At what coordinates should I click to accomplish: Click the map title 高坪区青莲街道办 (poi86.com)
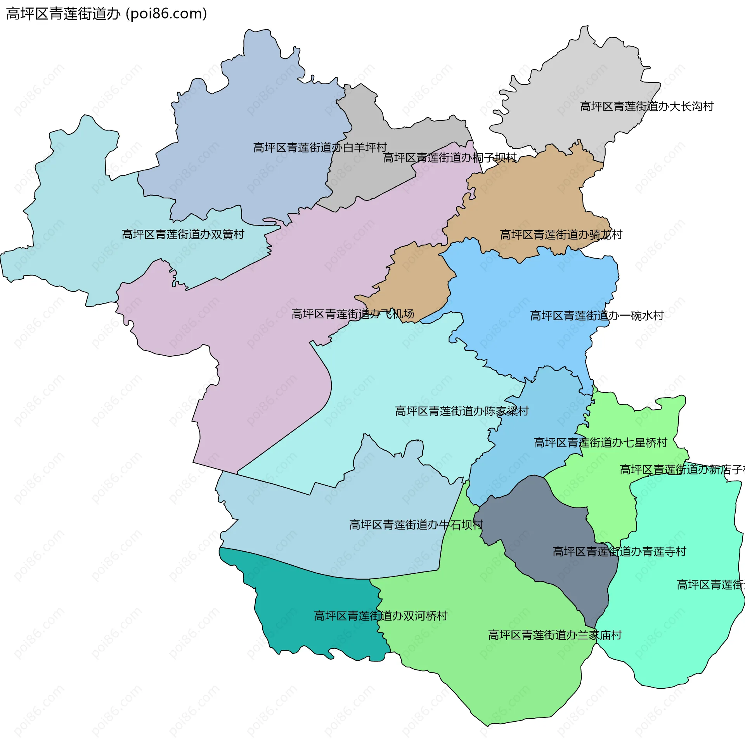pos(106,14)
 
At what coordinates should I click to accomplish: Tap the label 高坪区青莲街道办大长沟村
pos(646,106)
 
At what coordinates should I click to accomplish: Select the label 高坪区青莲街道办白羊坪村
pos(320,148)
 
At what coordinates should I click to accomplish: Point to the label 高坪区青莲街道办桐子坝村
pos(449,158)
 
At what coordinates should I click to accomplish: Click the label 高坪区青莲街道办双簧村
pos(183,234)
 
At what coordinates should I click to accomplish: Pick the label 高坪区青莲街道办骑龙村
pos(561,235)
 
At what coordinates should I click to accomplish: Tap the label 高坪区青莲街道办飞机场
pos(352,314)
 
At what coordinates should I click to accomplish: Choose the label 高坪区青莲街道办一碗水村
pos(596,316)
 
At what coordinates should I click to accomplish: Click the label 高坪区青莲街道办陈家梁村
pos(462,411)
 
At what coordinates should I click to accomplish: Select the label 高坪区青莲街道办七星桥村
pos(600,443)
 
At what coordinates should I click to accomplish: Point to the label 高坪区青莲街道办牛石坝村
pos(416,525)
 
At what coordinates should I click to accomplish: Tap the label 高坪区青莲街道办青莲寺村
pos(619,552)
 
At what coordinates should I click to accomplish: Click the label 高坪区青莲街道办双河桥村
pos(381,616)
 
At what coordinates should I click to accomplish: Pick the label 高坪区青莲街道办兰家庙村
pos(555,635)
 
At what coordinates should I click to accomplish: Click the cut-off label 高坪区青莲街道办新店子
pos(681,470)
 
